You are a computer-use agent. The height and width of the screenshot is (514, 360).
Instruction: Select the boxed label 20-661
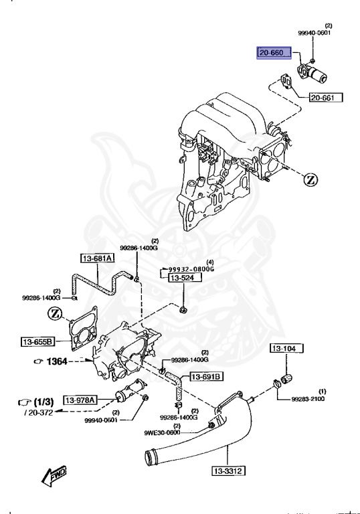[325, 98]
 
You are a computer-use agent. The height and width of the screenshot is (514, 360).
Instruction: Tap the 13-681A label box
[98, 258]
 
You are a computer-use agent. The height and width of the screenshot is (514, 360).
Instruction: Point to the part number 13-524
[179, 277]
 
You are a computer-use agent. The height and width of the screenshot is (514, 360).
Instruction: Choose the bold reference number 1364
[57, 361]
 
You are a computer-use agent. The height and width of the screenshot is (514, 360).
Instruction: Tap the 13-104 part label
[286, 349]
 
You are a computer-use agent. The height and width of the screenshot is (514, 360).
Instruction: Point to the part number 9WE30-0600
[163, 432]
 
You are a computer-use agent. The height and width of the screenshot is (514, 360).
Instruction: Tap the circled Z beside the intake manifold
[311, 179]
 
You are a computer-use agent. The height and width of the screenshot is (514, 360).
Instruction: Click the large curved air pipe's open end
[152, 458]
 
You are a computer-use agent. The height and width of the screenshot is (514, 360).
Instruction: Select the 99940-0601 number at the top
[314, 33]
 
